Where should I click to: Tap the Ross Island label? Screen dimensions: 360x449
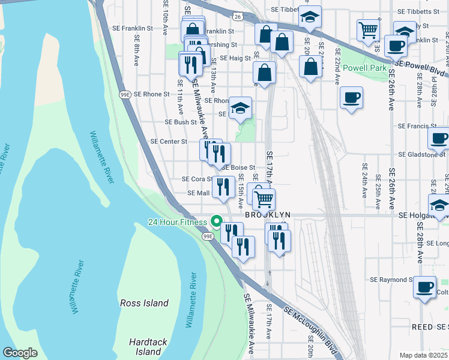144,303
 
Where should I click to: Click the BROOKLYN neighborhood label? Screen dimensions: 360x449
268,214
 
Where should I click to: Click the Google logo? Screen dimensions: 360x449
20,352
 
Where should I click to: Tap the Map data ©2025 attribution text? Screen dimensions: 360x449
423,355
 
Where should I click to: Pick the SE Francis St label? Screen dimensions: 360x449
418,127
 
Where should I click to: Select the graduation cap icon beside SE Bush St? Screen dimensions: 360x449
240,107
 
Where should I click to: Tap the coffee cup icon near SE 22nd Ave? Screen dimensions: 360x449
351,97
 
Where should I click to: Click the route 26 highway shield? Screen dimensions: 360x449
238,16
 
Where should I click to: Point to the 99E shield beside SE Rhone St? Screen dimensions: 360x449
125,94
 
